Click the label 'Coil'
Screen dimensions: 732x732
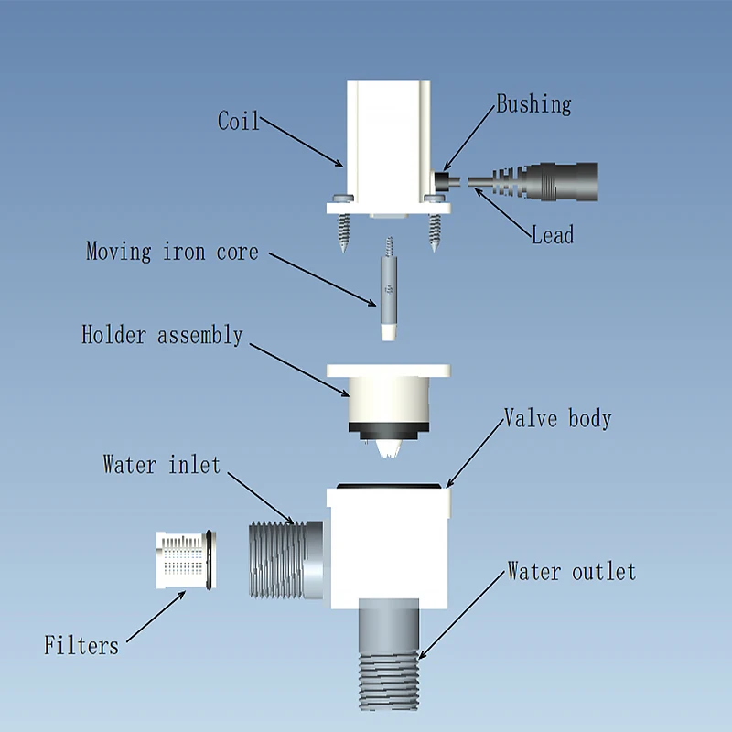[x=239, y=121]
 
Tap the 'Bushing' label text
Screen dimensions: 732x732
[x=533, y=104]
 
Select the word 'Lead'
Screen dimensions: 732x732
[x=553, y=235]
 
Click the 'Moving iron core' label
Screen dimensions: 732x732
[x=172, y=252]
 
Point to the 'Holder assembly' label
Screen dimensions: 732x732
[x=163, y=335]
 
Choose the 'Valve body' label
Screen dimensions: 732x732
[x=558, y=419]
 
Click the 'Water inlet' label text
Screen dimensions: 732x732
[x=162, y=465]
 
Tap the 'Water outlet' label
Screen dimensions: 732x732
[x=571, y=573]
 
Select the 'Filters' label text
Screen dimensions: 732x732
[x=81, y=646]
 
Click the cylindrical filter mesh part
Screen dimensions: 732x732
[x=185, y=560]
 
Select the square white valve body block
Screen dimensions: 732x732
[x=390, y=549]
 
